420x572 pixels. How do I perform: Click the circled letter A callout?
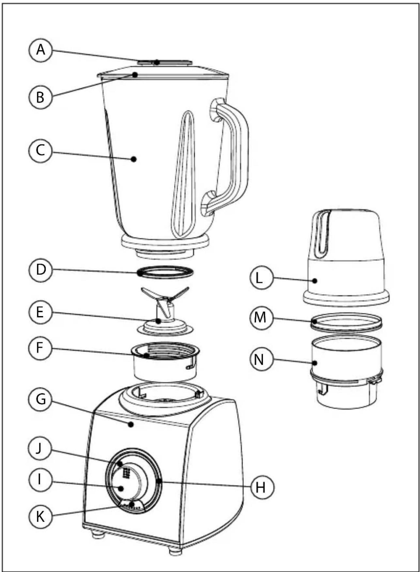click(40, 50)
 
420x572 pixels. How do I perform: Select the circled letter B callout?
click(40, 97)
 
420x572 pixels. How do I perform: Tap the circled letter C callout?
click(40, 151)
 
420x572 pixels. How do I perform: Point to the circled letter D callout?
click(40, 270)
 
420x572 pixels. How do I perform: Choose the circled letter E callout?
click(40, 312)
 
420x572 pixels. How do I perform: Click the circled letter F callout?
click(40, 348)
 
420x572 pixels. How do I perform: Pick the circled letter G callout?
click(40, 399)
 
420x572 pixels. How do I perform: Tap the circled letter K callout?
click(40, 517)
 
